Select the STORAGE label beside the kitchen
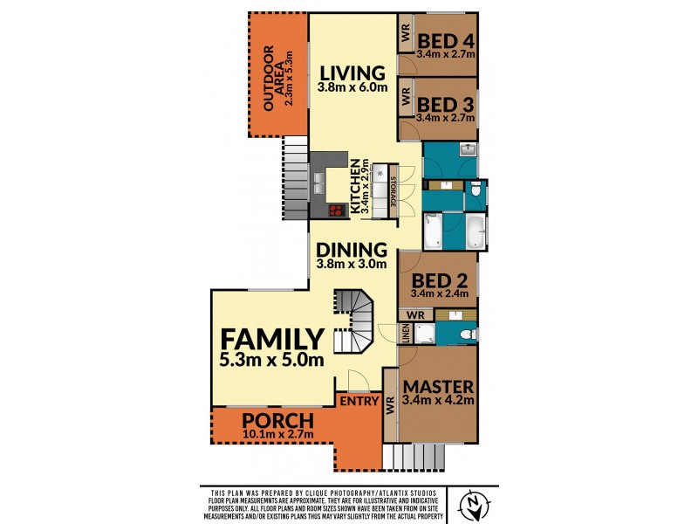393,190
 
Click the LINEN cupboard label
406,334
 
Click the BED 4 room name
445,40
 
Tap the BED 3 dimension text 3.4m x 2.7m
445,117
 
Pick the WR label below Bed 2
415,314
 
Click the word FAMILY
271,339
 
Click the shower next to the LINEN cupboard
425,333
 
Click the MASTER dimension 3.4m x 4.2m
439,401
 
